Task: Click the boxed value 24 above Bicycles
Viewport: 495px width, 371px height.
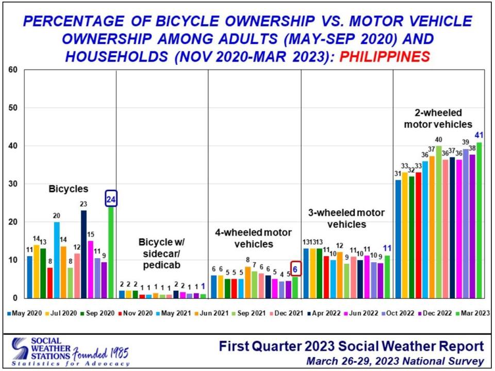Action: click(x=111, y=198)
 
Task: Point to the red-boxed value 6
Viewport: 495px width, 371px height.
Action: click(x=295, y=268)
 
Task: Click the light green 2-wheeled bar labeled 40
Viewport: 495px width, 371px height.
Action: click(x=439, y=222)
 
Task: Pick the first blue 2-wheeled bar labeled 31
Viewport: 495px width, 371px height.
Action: click(x=398, y=239)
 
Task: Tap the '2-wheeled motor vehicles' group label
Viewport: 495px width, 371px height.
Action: click(x=444, y=118)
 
